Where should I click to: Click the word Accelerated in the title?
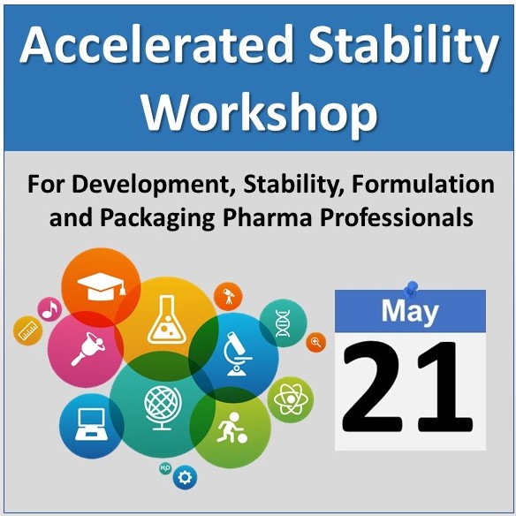click(x=156, y=45)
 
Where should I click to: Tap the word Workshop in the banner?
click(x=260, y=113)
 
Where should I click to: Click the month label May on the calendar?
click(x=410, y=312)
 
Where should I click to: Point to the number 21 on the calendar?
click(x=407, y=386)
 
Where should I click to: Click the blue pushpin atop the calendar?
click(x=411, y=288)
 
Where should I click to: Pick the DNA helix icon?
click(x=283, y=323)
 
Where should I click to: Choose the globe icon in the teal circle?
click(x=163, y=407)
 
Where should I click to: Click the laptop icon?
click(x=91, y=424)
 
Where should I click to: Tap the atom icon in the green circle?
click(x=291, y=399)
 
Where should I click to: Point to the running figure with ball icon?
click(x=231, y=428)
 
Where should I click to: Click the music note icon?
click(x=50, y=310)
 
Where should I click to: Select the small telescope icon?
click(x=228, y=296)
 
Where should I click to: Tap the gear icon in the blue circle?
click(x=185, y=477)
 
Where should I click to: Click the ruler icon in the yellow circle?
click(x=27, y=331)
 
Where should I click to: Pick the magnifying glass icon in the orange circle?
click(x=316, y=342)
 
